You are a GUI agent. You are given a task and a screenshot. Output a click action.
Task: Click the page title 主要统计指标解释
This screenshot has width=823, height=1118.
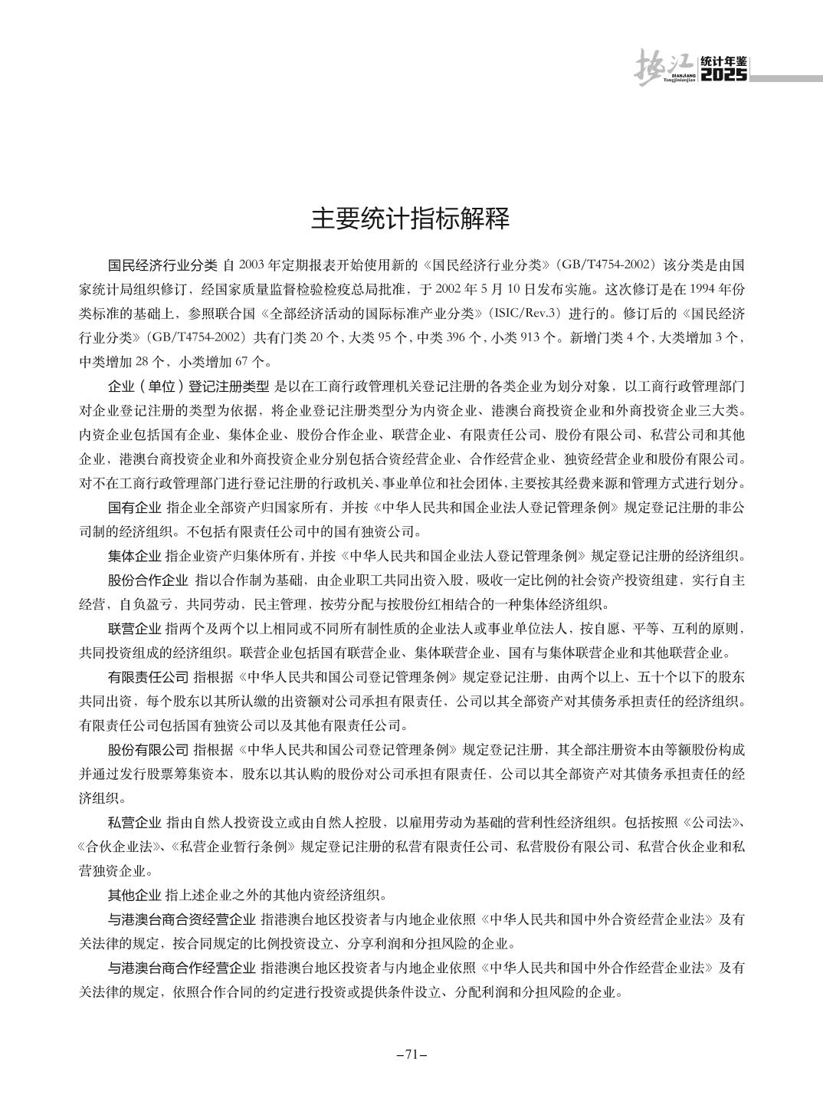coord(411,219)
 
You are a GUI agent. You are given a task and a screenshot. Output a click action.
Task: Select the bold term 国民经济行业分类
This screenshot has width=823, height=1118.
coord(163,266)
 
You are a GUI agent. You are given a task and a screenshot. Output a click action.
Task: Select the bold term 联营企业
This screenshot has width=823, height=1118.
coord(135,630)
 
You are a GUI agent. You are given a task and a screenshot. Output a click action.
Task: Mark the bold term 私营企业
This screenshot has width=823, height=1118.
coord(135,823)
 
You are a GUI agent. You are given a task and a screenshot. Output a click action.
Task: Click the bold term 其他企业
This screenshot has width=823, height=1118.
coord(135,894)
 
